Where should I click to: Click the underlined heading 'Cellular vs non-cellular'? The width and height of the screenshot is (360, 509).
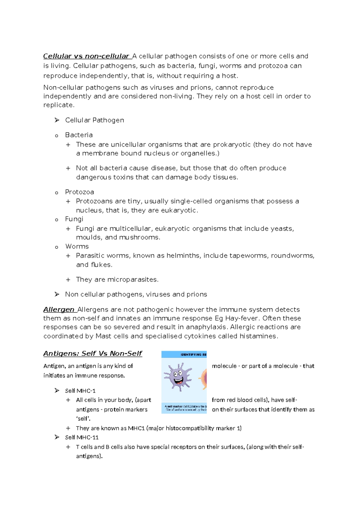coord(86,56)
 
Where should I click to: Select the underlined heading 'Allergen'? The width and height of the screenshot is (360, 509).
coord(59,309)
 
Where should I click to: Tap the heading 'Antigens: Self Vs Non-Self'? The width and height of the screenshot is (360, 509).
coord(93,354)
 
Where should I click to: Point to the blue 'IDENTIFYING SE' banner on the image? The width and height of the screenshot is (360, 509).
coord(184,354)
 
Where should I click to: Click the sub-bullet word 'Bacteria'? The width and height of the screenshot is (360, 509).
coord(79,135)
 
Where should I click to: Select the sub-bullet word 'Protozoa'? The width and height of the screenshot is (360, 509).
coord(79,192)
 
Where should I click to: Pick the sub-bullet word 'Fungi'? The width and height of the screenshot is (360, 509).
coord(74,219)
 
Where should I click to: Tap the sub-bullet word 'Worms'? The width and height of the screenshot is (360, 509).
coord(77,246)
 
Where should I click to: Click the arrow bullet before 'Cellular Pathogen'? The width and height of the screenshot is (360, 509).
coord(57,120)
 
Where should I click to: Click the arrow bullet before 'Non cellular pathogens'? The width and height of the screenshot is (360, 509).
coord(57,294)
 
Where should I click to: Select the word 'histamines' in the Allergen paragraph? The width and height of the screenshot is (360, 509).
coord(258,336)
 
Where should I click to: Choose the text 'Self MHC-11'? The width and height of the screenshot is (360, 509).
coord(82,438)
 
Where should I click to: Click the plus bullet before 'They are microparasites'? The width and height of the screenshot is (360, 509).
coord(68,280)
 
